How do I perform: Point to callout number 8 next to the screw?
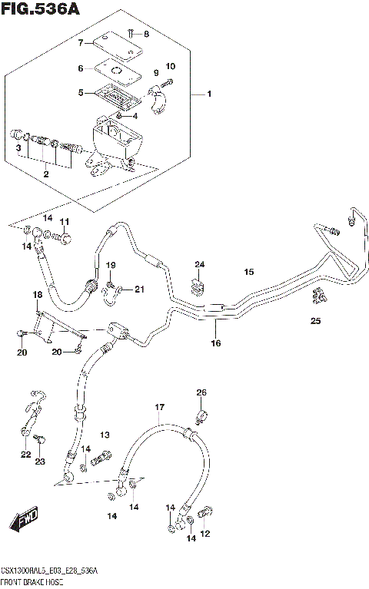pyautogui.click(x=147, y=35)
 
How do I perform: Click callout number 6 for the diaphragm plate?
pyautogui.click(x=79, y=68)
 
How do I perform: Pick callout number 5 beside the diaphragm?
pyautogui.click(x=80, y=93)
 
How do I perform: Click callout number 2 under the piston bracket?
pyautogui.click(x=46, y=175)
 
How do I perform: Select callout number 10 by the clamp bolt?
pyautogui.click(x=171, y=67)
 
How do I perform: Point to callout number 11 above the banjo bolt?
pyautogui.click(x=65, y=222)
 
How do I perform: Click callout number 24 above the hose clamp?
pyautogui.click(x=200, y=266)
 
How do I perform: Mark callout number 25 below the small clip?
pyautogui.click(x=316, y=320)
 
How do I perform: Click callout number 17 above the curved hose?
pyautogui.click(x=159, y=408)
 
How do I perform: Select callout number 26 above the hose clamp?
pyautogui.click(x=201, y=393)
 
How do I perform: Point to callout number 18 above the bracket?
pyautogui.click(x=37, y=295)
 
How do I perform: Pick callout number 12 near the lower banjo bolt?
pyautogui.click(x=205, y=534)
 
